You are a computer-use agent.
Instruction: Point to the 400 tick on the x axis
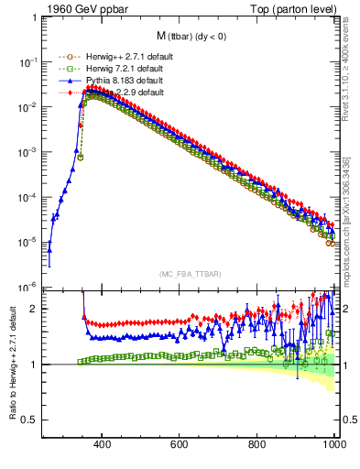coord(103,445)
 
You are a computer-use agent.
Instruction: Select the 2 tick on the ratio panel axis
coord(34,309)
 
